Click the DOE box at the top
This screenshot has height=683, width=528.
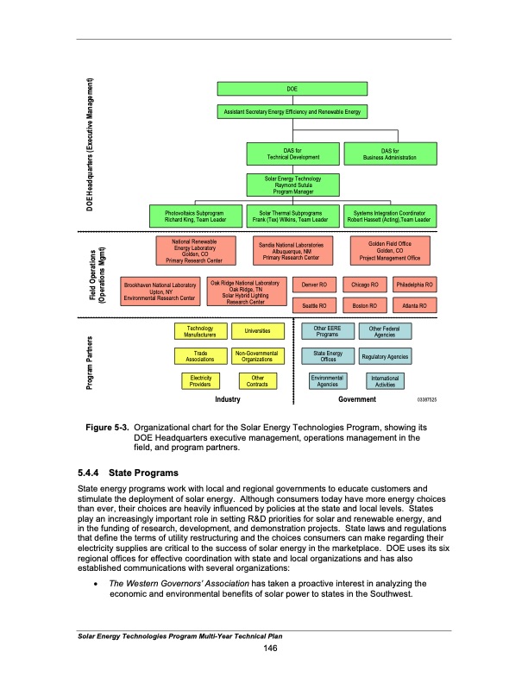[292, 89]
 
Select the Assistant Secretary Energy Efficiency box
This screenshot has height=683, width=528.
[292, 113]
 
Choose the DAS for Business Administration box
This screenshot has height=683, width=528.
[389, 154]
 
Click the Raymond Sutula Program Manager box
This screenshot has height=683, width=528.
[292, 185]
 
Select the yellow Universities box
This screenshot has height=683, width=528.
[258, 331]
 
